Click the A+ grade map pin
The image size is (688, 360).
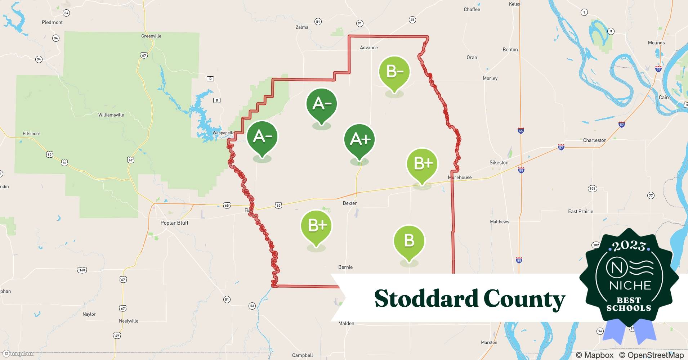click(x=359, y=140)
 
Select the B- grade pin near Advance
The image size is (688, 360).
click(x=394, y=72)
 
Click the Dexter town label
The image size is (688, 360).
click(x=349, y=203)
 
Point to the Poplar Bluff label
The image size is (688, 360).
click(x=174, y=223)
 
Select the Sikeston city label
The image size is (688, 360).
click(x=499, y=163)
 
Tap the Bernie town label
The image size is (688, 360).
click(x=345, y=267)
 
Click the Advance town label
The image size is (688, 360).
click(x=369, y=48)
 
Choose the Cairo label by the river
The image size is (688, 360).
click(x=665, y=98)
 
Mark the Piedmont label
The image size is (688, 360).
click(x=52, y=22)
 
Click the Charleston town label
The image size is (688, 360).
click(x=594, y=140)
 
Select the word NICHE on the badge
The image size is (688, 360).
click(x=630, y=285)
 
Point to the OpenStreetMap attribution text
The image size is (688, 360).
click(x=651, y=355)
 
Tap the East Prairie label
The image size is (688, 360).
click(x=580, y=211)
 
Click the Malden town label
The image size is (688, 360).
click(x=346, y=323)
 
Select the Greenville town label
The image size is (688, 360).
click(x=151, y=36)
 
